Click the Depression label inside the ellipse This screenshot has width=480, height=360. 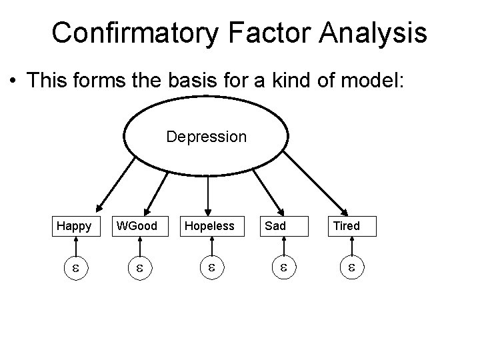click(206, 137)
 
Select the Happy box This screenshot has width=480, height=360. click(74, 226)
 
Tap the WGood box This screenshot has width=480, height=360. click(137, 226)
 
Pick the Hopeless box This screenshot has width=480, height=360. click(209, 226)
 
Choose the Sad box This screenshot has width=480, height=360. click(275, 226)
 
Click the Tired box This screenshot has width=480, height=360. click(347, 226)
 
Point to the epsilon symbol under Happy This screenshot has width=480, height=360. click(75, 269)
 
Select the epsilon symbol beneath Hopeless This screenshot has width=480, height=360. click(209, 269)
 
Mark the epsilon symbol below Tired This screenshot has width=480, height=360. click(353, 269)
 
